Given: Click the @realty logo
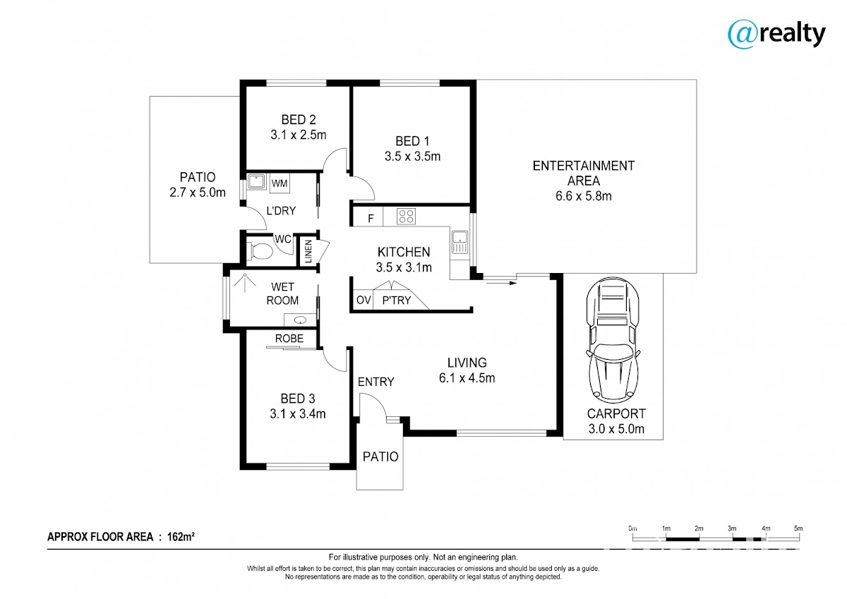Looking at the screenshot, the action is [x=776, y=35].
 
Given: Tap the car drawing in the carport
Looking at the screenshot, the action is [x=613, y=341].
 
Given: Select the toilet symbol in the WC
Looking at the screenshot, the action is [x=260, y=251].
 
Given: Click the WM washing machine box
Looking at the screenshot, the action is [x=280, y=183].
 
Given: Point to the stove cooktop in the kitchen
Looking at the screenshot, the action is [x=406, y=217].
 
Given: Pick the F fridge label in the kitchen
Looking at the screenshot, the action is [x=371, y=218].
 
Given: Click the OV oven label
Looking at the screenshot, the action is [x=364, y=300].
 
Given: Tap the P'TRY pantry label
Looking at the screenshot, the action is [x=396, y=300].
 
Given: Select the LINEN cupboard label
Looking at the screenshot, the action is [x=308, y=251].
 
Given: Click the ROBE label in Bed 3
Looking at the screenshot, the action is [x=289, y=339].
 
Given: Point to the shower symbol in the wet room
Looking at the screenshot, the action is [x=245, y=283].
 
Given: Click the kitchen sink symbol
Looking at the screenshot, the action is [x=459, y=242].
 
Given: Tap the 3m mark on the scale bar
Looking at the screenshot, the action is [x=732, y=528].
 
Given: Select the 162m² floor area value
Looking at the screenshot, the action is [x=181, y=536].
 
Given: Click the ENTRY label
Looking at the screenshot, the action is [x=376, y=382].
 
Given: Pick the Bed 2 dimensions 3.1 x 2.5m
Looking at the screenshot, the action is [x=299, y=135].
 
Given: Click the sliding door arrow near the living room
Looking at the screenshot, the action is [x=501, y=283].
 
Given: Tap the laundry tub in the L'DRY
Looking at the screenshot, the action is [x=257, y=181].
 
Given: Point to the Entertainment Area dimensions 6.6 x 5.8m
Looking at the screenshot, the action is [x=584, y=196].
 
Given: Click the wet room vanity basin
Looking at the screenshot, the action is [x=301, y=320].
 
